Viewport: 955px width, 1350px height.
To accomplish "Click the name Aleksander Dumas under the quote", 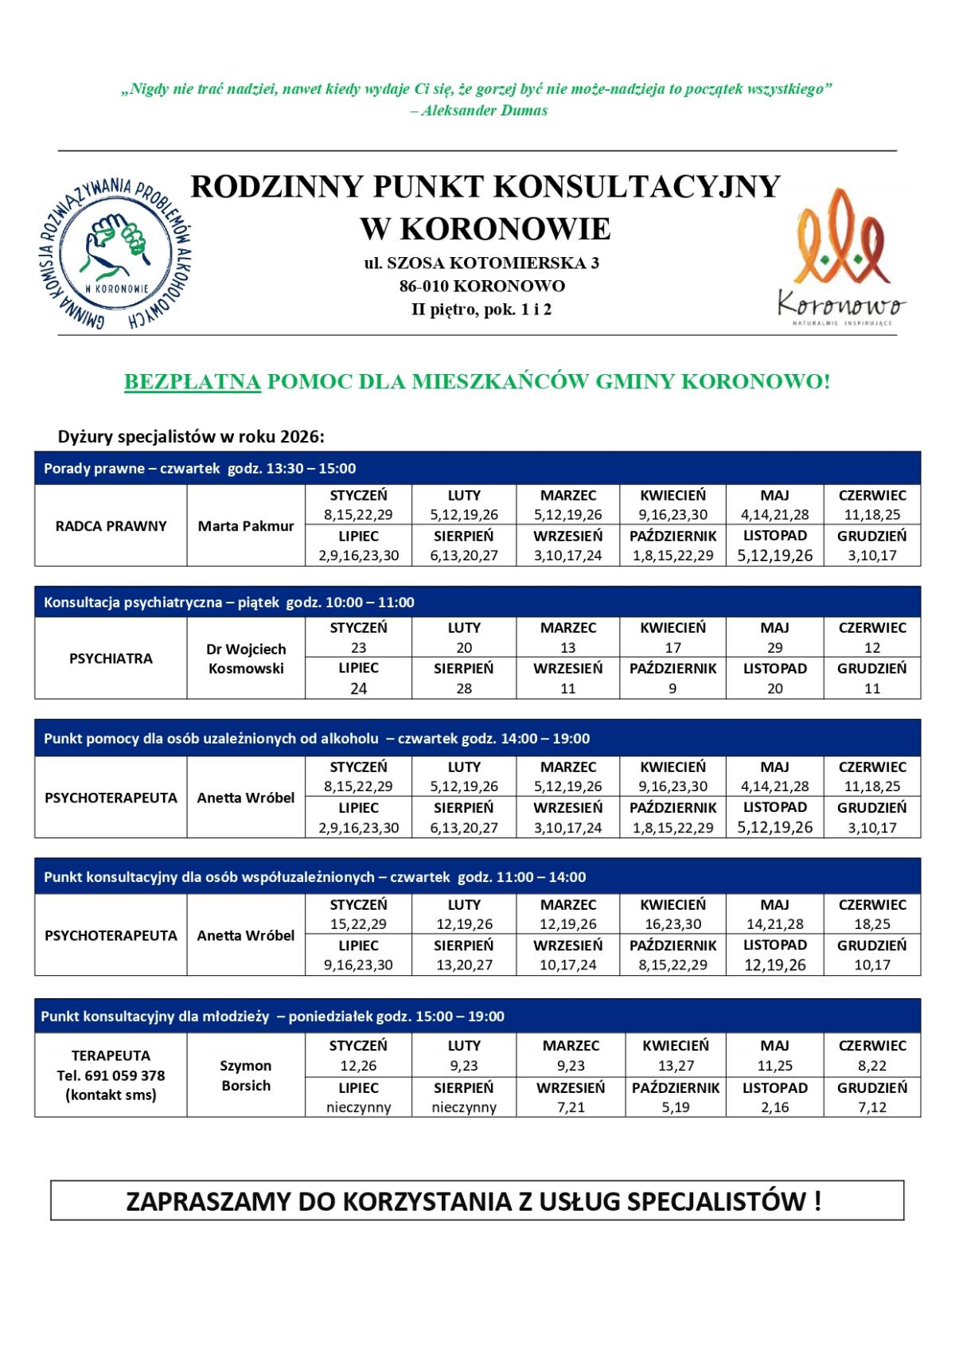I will coord(485,111).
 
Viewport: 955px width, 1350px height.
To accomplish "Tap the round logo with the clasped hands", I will coord(116,253).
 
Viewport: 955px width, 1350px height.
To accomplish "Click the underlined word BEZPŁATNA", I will coord(193,382).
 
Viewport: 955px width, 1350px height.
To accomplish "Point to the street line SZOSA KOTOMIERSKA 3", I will coord(481,263).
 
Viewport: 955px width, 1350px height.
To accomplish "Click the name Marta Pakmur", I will coord(246,526).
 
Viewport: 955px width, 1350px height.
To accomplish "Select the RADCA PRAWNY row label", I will coord(111,526).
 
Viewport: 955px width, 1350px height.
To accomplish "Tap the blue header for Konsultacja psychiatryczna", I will coord(477,602).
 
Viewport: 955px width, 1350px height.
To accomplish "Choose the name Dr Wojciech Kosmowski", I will coord(246,659).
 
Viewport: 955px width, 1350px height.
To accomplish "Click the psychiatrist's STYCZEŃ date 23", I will coord(359,648).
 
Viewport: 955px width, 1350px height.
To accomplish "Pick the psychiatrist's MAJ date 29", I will coord(774,648).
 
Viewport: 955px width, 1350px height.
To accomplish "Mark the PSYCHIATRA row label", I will coord(111,659).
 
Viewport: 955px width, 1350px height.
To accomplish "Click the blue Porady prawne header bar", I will coord(477,468).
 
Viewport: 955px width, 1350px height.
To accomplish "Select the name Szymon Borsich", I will coord(246,1075).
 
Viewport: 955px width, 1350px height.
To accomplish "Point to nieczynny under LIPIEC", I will coord(359,1107).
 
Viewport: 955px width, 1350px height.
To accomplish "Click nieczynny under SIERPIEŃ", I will coord(464,1107).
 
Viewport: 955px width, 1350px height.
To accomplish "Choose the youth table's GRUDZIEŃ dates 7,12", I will coord(872,1107).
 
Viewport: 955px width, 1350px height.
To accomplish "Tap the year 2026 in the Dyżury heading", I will coord(303,437).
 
